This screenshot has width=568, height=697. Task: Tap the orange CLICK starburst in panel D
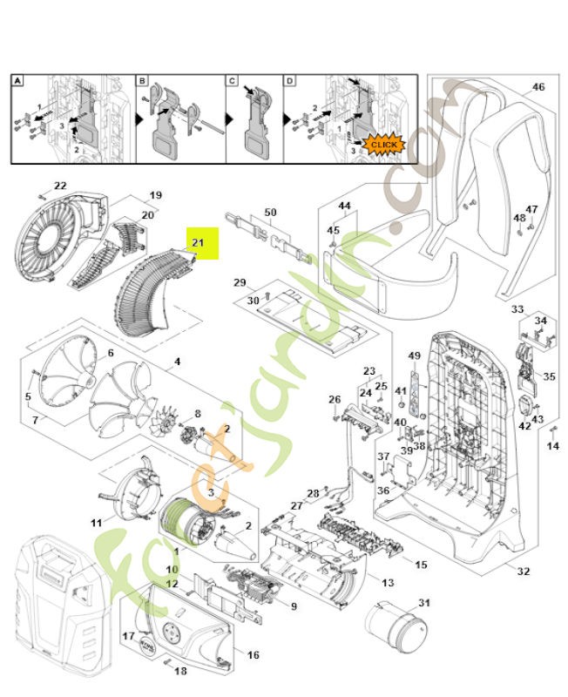click(x=384, y=143)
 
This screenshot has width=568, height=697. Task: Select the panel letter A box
click(x=17, y=81)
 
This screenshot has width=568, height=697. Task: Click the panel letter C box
click(x=232, y=81)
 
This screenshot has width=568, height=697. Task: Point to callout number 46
click(x=538, y=87)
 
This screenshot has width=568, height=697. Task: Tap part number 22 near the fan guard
click(x=60, y=186)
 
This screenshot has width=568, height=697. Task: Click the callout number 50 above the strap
click(x=270, y=213)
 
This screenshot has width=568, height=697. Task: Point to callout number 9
click(x=294, y=606)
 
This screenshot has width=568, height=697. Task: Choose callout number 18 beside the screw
click(x=181, y=671)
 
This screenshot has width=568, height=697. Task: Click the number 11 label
click(x=96, y=522)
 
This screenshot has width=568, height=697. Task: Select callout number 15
click(x=421, y=565)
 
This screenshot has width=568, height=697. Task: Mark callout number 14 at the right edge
click(x=552, y=446)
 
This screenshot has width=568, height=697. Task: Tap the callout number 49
click(x=415, y=355)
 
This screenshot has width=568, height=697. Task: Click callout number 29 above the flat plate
click(x=240, y=283)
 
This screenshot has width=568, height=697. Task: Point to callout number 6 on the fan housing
click(x=111, y=353)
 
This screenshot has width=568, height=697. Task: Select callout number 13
click(x=388, y=582)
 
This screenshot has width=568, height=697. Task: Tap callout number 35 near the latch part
click(x=549, y=376)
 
